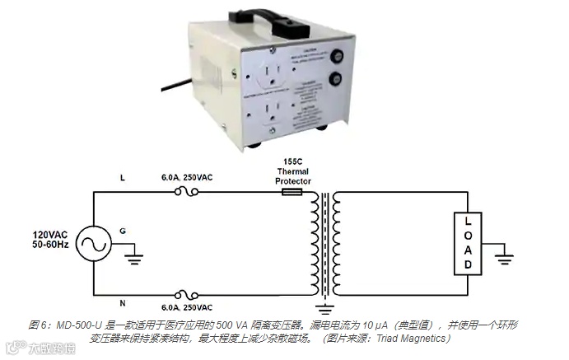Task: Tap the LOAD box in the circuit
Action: click(468, 244)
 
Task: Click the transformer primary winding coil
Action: click(313, 244)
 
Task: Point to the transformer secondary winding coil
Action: click(338, 244)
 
